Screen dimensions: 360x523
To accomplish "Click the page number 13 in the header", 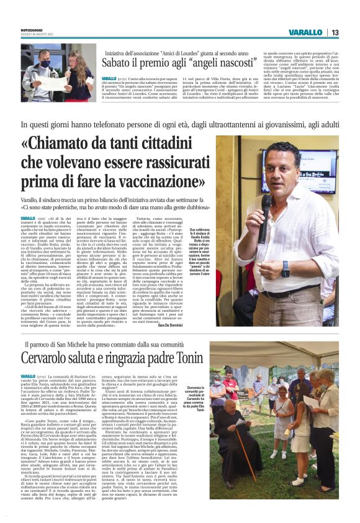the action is [335, 32].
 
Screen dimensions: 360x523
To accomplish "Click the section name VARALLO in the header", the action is [308, 32].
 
